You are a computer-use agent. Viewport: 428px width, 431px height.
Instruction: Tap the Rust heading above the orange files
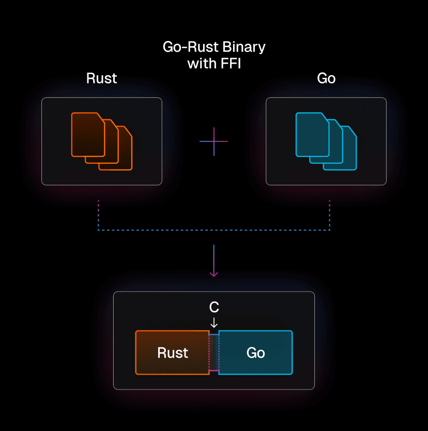click(x=101, y=78)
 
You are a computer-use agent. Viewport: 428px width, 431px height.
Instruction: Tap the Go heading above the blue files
click(x=326, y=78)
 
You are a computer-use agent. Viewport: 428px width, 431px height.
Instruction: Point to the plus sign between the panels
click(x=213, y=141)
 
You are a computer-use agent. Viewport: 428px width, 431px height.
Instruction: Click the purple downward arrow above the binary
click(x=213, y=262)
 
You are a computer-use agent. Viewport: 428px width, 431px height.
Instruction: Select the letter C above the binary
click(x=214, y=308)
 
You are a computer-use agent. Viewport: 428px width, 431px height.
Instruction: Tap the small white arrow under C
click(x=214, y=322)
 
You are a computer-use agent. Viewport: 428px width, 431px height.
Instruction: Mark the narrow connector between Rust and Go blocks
click(x=214, y=353)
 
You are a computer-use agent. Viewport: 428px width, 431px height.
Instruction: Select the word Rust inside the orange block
click(x=173, y=353)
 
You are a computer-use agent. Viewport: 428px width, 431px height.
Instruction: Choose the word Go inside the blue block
click(x=256, y=353)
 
